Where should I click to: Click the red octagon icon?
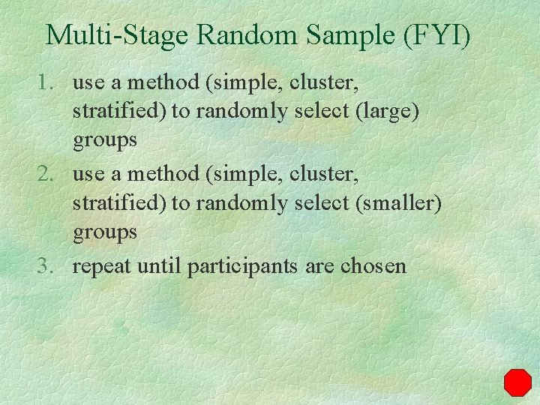(517, 382)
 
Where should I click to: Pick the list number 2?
(48, 175)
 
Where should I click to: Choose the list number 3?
(48, 265)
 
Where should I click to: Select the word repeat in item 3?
(100, 266)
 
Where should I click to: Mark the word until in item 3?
(158, 265)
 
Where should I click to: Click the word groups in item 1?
(105, 140)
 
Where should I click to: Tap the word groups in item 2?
(105, 231)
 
